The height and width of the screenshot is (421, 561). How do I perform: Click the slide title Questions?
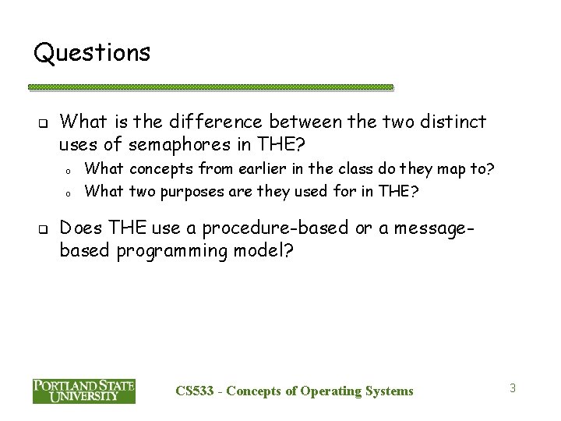[92, 53]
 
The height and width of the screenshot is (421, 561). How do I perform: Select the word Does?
[80, 228]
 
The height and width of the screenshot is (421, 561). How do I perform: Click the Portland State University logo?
[83, 391]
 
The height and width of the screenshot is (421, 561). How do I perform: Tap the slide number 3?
[513, 387]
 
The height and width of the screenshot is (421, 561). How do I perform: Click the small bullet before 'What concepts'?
[69, 168]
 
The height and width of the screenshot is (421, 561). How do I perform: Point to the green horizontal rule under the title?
[210, 87]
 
